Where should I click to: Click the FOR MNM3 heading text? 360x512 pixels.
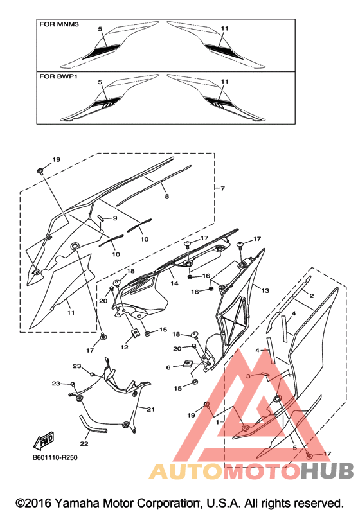pyautogui.click(x=59, y=24)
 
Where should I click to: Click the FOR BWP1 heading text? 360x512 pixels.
pyautogui.click(x=59, y=76)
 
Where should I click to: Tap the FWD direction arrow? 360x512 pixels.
pyautogui.click(x=43, y=441)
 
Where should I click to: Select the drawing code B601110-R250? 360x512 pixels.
pyautogui.click(x=55, y=457)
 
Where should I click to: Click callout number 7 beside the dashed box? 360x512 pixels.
pyautogui.click(x=223, y=188)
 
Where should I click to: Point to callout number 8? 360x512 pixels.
pyautogui.click(x=167, y=196)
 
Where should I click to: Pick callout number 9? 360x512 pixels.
pyautogui.click(x=115, y=218)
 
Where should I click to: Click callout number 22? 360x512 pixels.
pyautogui.click(x=84, y=443)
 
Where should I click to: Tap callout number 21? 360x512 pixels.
pyautogui.click(x=150, y=409)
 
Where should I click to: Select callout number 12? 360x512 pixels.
pyautogui.click(x=124, y=347)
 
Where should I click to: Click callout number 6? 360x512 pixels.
pyautogui.click(x=168, y=367)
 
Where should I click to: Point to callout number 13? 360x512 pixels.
pyautogui.click(x=265, y=290)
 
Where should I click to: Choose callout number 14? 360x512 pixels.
pyautogui.click(x=174, y=283)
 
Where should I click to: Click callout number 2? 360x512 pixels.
pyautogui.click(x=311, y=296)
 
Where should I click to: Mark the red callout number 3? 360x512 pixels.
pyautogui.click(x=248, y=376)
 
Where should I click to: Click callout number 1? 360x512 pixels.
pyautogui.click(x=217, y=422)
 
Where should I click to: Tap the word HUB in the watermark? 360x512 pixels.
pyautogui.click(x=327, y=471)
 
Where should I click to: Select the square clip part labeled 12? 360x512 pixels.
pyautogui.click(x=134, y=333)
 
